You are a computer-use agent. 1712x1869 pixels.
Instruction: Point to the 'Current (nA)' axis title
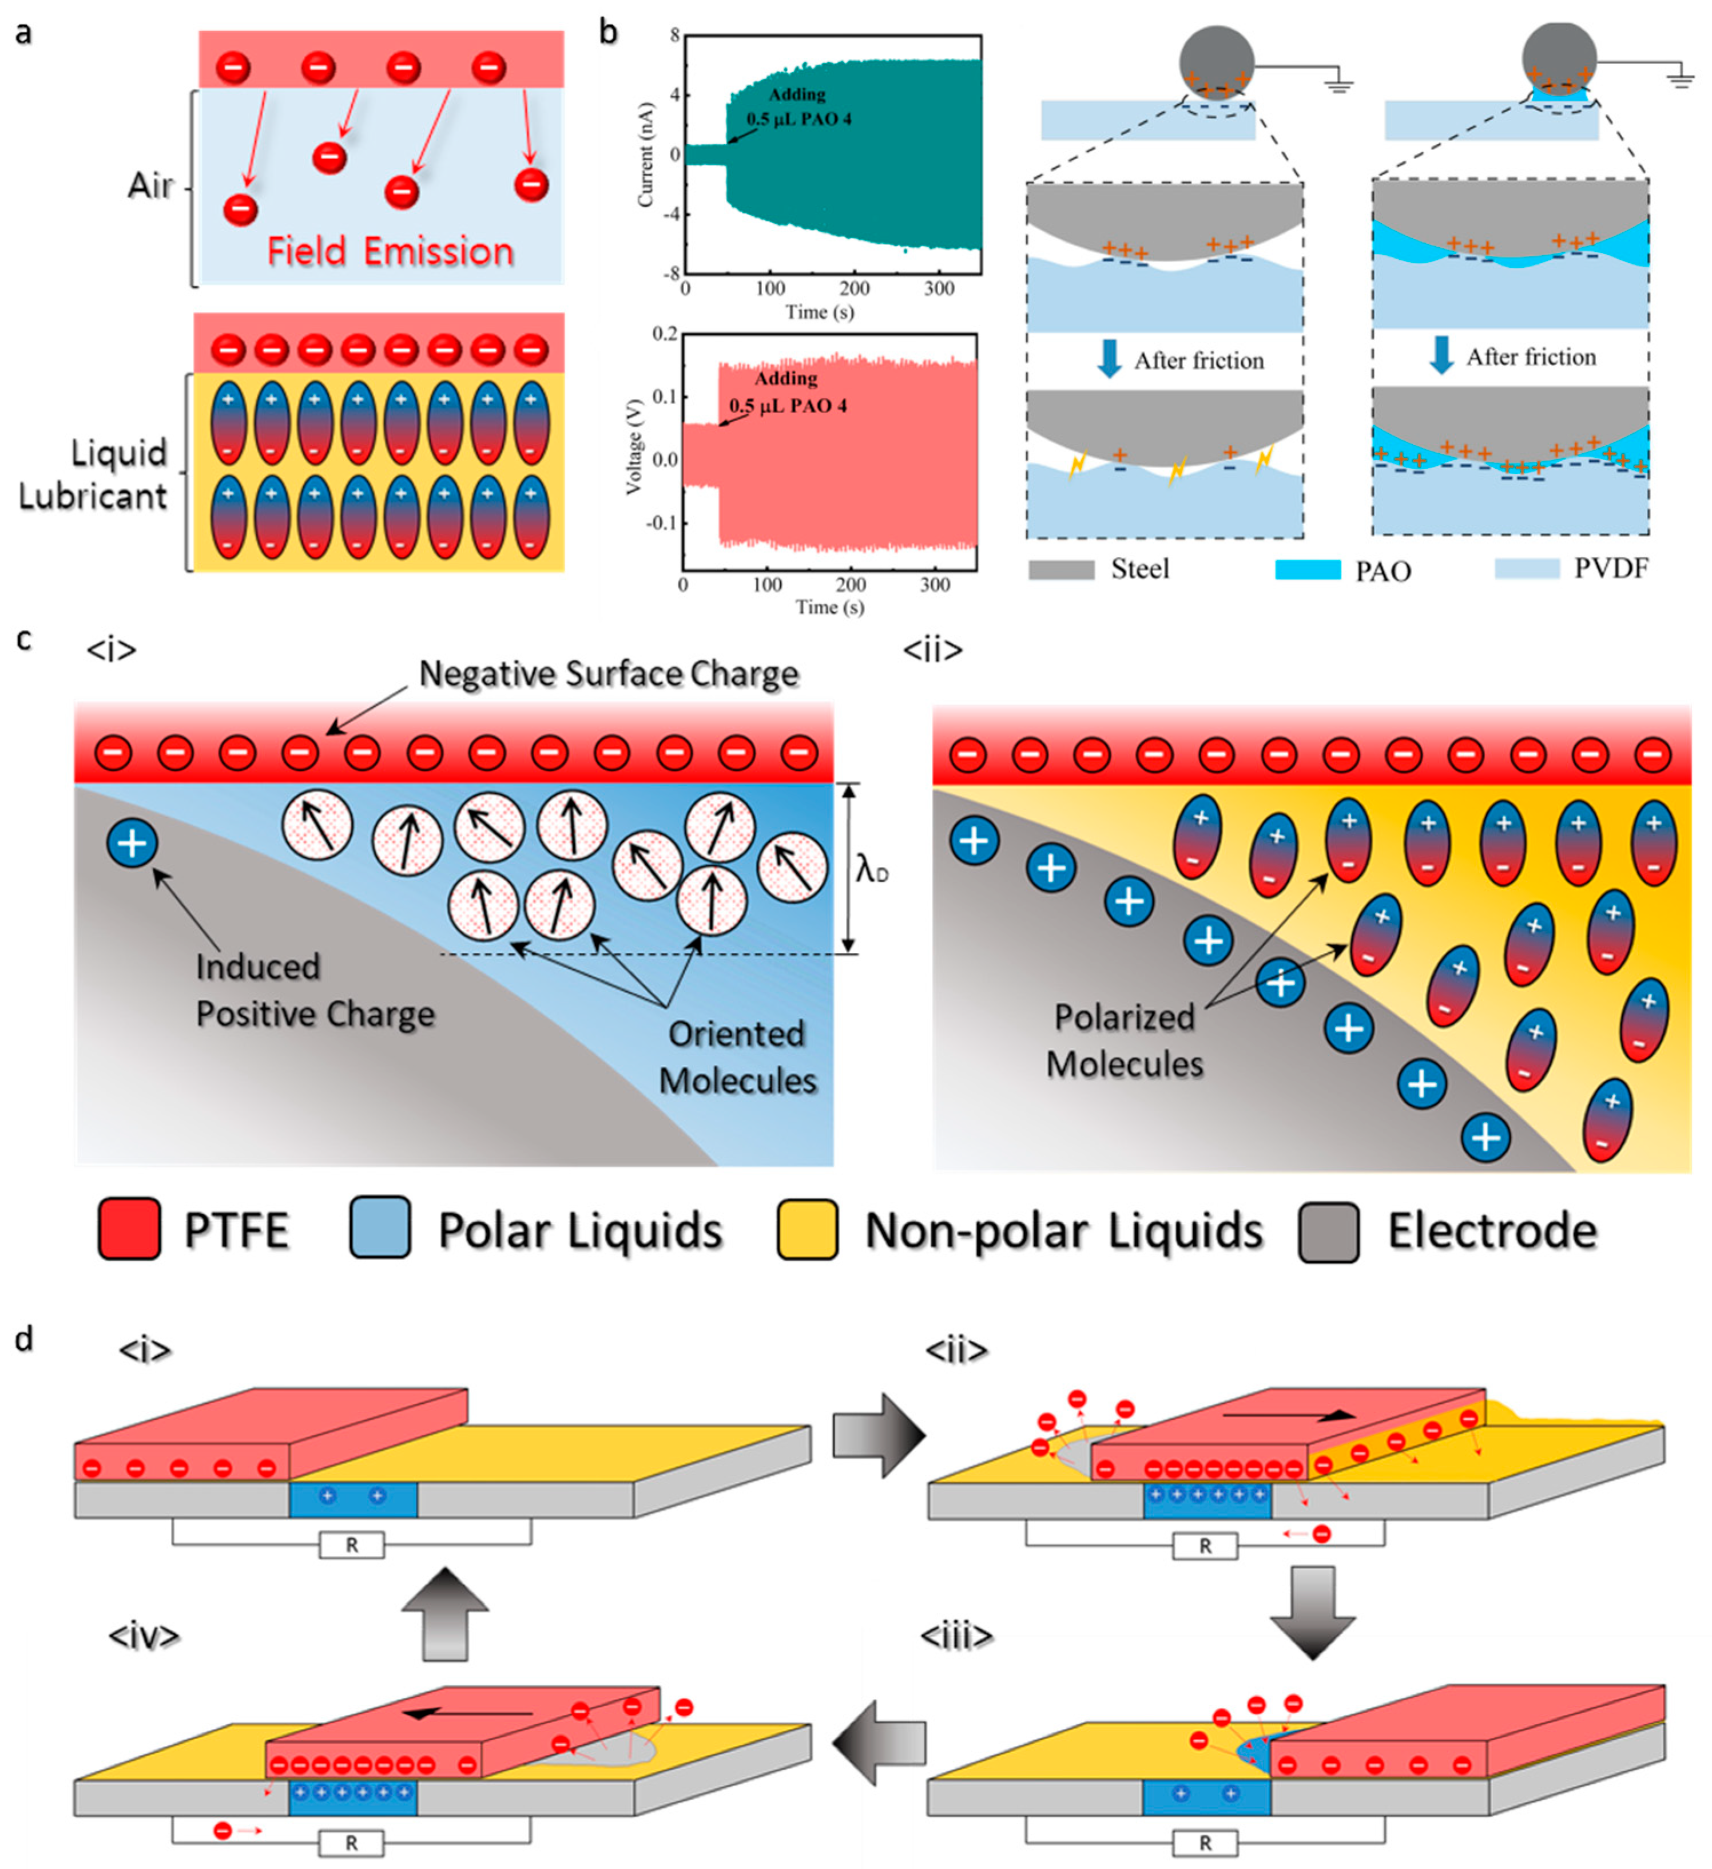coord(646,154)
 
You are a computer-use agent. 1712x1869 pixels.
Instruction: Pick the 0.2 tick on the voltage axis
coord(665,334)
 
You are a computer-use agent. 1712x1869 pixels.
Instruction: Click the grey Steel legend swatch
coord(1061,570)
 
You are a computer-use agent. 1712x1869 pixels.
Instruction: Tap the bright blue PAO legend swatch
coord(1307,570)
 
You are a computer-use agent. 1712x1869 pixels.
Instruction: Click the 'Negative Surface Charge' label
coord(608,674)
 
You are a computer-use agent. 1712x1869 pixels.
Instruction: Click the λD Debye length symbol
coord(871,870)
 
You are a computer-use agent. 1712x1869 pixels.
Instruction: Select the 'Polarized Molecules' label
coord(1125,1041)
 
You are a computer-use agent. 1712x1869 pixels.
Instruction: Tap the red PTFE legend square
coord(130,1229)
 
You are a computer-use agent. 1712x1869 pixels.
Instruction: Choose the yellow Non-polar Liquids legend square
coord(807,1229)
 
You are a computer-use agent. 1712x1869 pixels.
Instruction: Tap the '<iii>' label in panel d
coord(956,1636)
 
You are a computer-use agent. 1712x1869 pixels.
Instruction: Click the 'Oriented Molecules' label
coord(737,1057)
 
